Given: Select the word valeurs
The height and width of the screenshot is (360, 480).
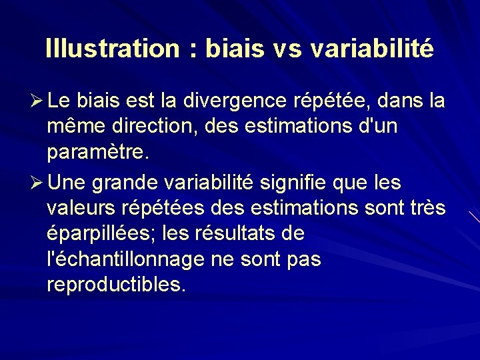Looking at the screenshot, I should click(82, 208).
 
